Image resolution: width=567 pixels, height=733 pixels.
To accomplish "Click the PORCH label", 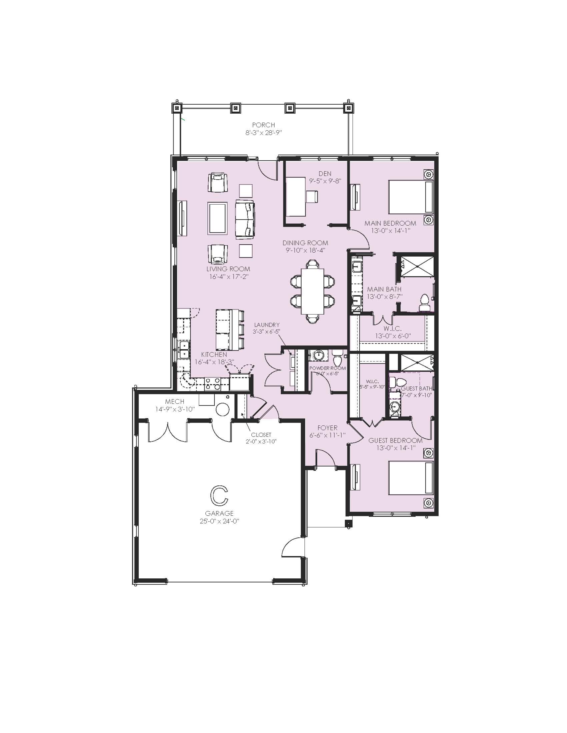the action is (x=263, y=125).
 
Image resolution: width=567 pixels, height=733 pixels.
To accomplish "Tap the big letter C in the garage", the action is (x=219, y=495).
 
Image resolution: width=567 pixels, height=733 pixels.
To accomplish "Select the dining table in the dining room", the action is (x=313, y=291).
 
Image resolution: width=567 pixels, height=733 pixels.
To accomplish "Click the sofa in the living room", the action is (x=245, y=220).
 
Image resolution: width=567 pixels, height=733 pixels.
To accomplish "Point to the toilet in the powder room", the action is (x=338, y=359).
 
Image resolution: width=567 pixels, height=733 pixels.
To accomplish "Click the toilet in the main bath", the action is (x=425, y=303).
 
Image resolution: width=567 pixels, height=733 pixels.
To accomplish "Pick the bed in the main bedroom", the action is (x=411, y=197).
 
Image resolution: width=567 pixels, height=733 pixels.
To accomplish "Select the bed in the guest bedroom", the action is (x=411, y=478).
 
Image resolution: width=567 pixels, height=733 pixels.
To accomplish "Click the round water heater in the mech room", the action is (x=222, y=409).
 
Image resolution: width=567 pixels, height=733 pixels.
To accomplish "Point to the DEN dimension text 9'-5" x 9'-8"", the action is (x=325, y=181).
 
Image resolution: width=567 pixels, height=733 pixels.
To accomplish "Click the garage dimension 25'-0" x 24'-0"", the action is (x=219, y=521).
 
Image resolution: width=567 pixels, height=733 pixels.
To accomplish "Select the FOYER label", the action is (x=327, y=428).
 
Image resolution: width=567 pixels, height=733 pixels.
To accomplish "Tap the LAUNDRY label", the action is (x=267, y=325).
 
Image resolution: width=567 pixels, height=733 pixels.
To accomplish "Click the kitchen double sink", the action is (x=184, y=350).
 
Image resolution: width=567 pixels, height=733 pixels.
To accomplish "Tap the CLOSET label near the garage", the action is (x=261, y=435).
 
